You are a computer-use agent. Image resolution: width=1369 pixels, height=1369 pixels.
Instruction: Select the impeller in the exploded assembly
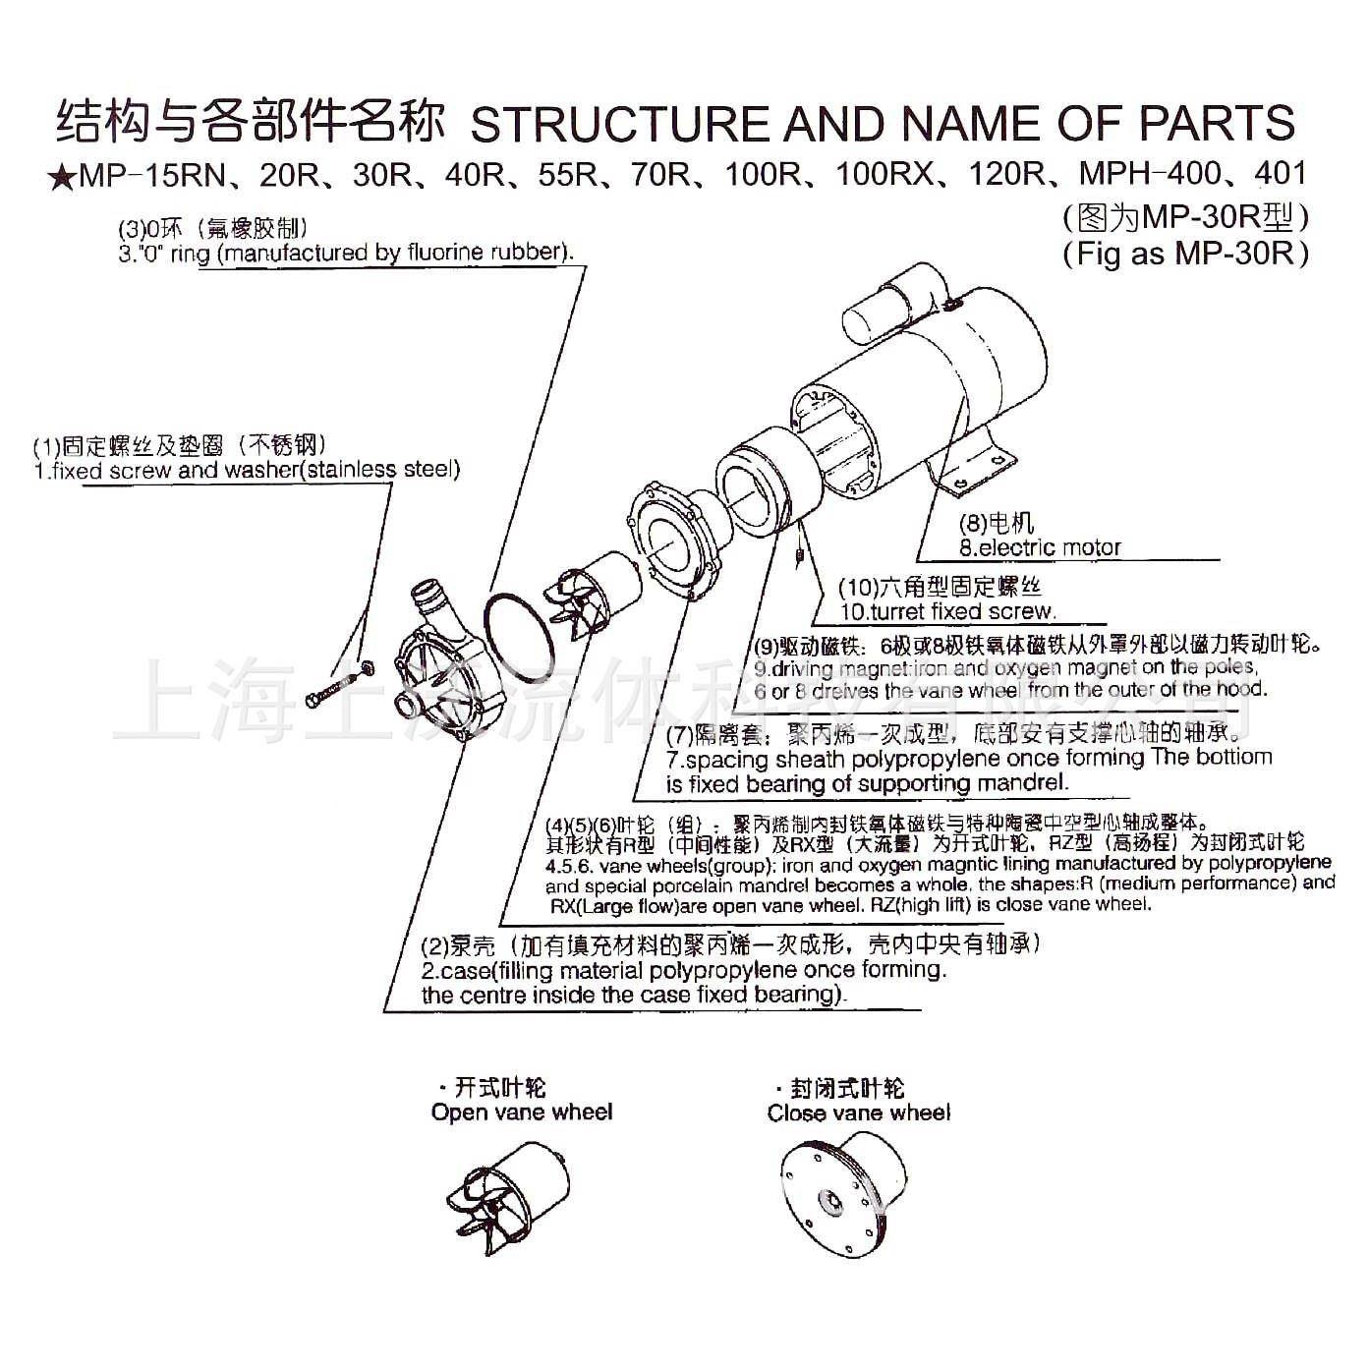(x=590, y=595)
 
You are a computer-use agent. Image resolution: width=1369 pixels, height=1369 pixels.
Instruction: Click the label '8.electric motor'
(x=1040, y=547)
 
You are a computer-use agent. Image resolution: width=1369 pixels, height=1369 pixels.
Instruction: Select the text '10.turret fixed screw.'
(x=947, y=611)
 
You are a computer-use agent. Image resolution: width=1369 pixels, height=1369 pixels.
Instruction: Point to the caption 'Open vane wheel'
(x=521, y=1112)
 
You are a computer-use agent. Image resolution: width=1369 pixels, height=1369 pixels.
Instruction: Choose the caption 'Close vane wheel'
(x=859, y=1112)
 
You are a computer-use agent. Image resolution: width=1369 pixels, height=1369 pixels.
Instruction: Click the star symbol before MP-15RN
(x=62, y=177)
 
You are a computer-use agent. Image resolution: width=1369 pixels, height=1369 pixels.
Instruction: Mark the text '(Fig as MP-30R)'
(x=1185, y=254)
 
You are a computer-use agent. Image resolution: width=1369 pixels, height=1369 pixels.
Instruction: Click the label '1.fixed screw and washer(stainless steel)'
(x=247, y=470)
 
